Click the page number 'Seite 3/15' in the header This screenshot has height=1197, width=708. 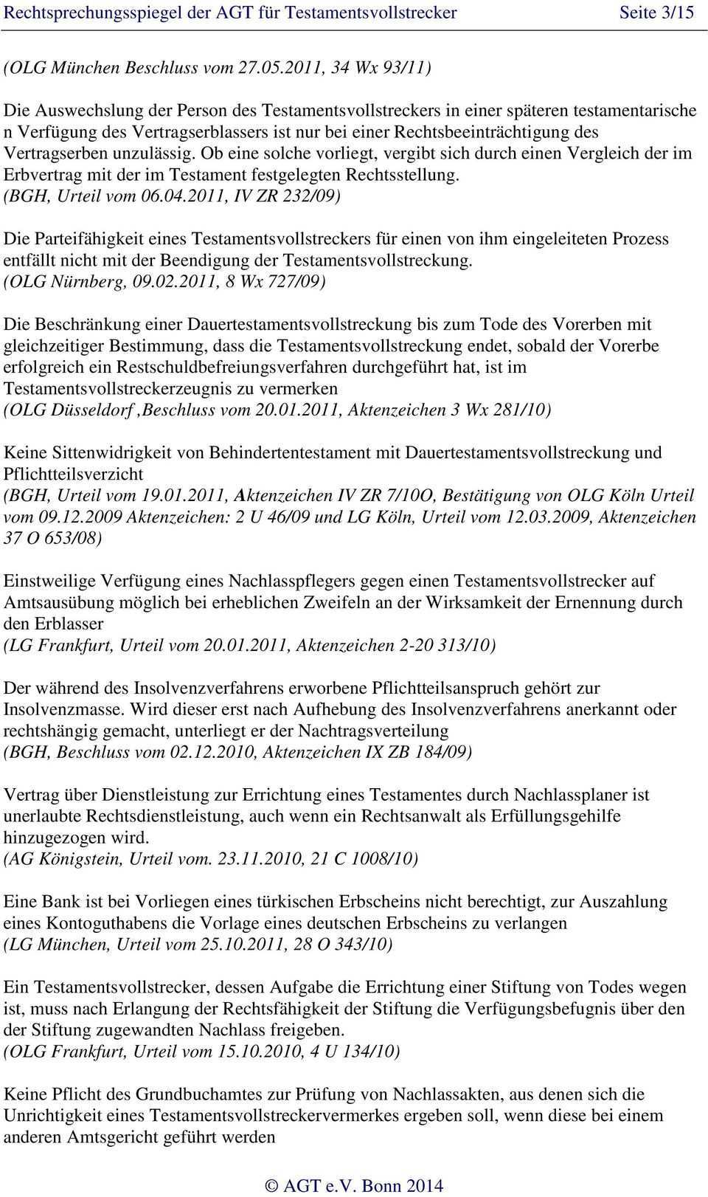coord(656,13)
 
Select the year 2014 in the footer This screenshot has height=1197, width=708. coord(424,1185)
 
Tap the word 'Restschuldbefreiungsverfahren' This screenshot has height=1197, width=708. coord(233,367)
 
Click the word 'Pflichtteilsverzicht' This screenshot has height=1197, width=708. coord(73,474)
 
